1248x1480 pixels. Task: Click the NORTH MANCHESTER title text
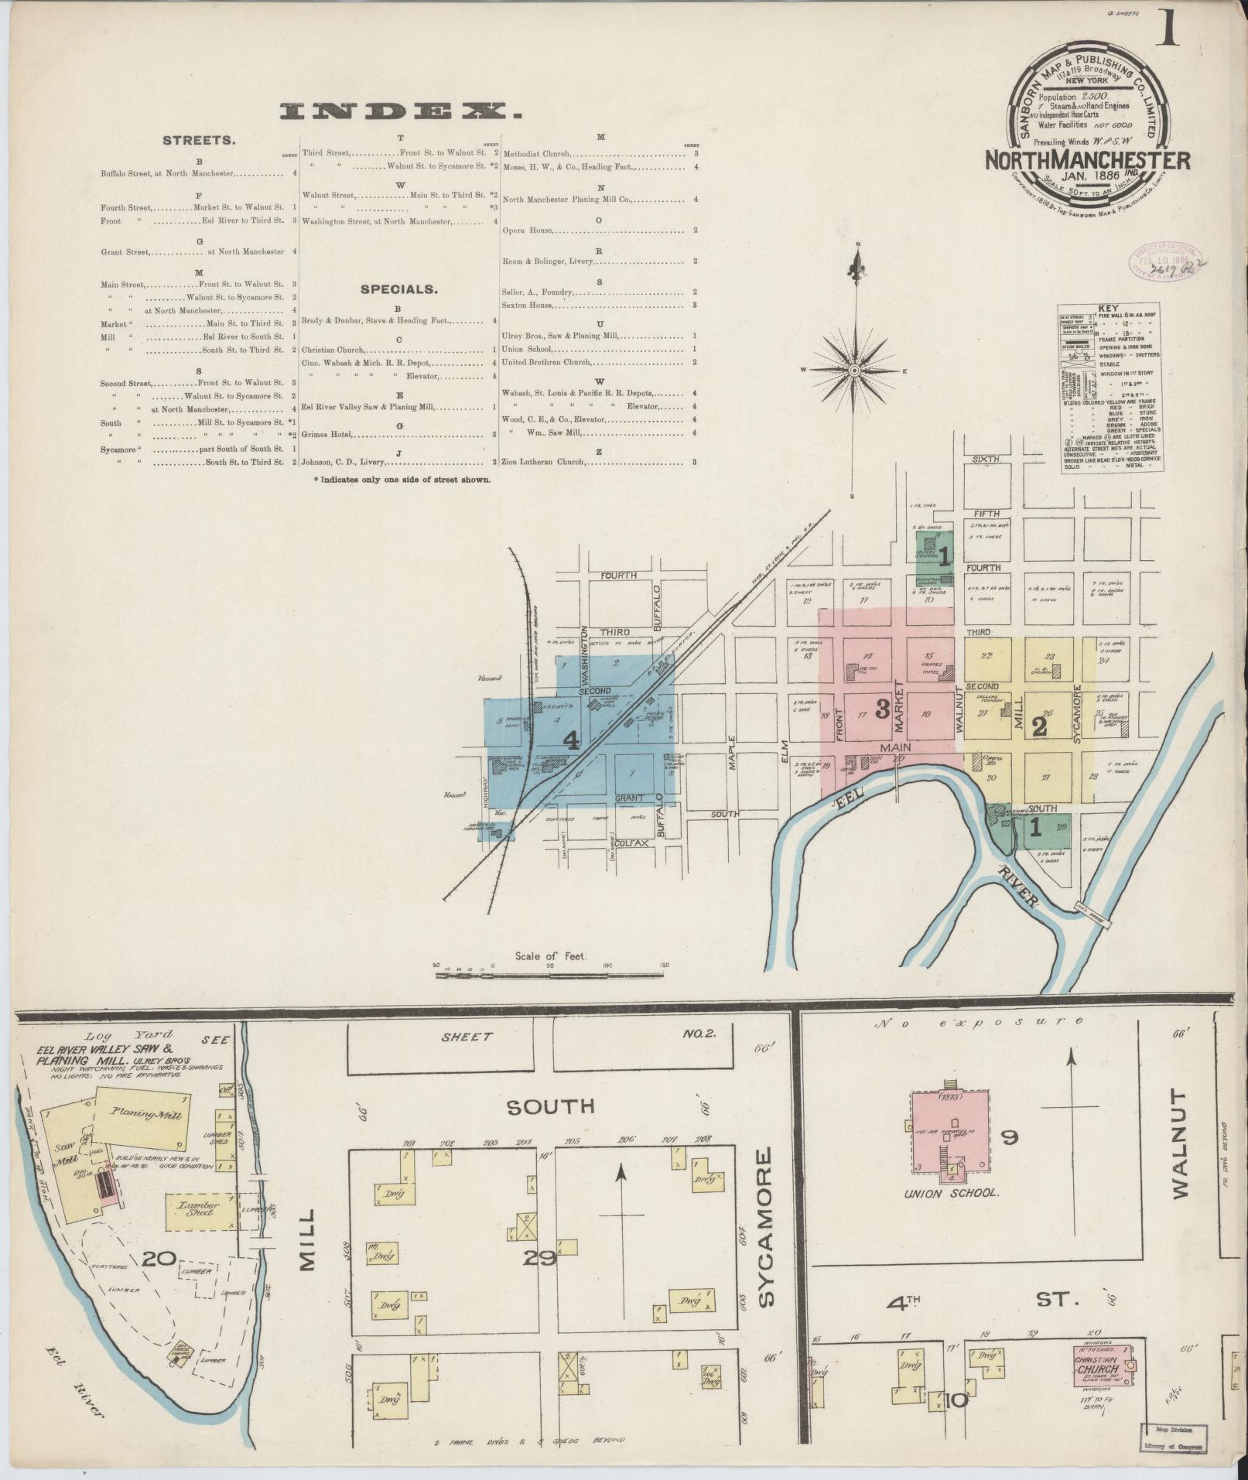tap(1087, 160)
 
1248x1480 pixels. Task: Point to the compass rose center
tap(855, 371)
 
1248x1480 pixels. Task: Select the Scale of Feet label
tap(550, 956)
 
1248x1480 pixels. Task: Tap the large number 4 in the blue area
tap(571, 740)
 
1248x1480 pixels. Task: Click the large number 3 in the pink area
tap(880, 709)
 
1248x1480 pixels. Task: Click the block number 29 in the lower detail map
tap(539, 1258)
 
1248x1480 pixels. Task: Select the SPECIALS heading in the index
tap(398, 289)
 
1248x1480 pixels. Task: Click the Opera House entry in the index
tap(527, 231)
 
